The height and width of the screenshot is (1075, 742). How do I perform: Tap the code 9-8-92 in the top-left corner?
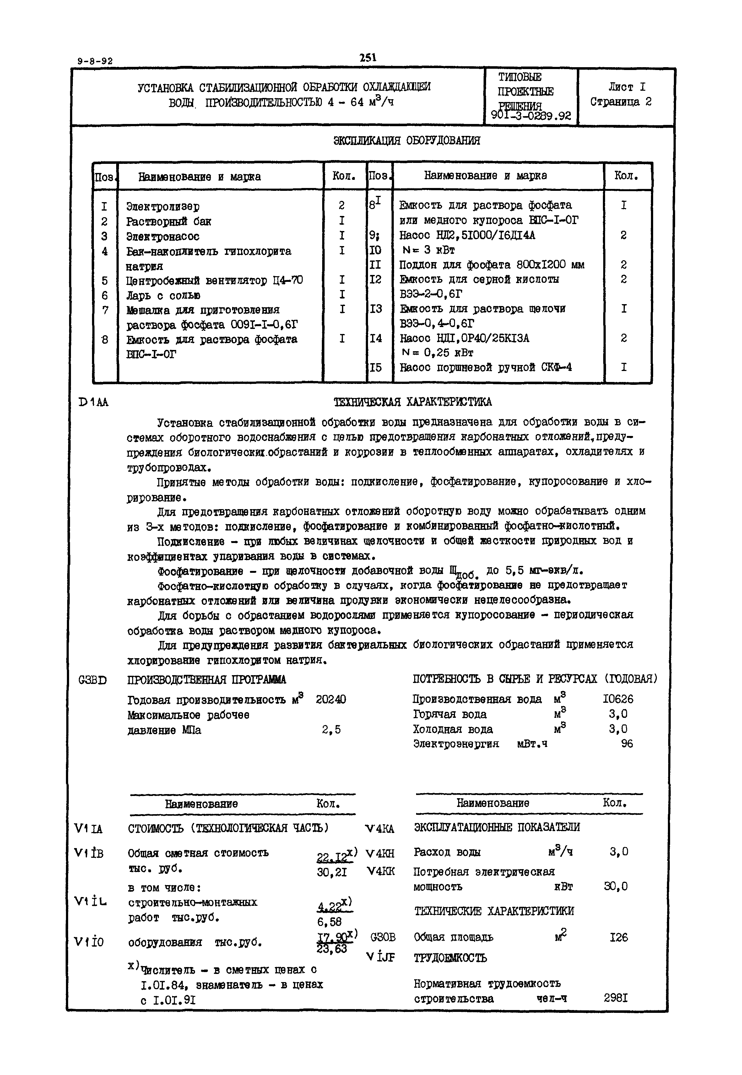95,61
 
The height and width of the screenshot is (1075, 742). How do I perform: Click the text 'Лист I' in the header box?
627,87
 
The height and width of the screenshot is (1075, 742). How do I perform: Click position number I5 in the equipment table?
375,368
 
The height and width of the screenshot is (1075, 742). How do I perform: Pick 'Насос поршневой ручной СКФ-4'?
485,368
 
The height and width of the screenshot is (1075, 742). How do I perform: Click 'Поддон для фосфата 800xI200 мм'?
491,265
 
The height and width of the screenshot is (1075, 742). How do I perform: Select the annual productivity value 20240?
331,700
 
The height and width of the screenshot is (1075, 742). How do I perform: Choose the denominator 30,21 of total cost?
332,873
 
